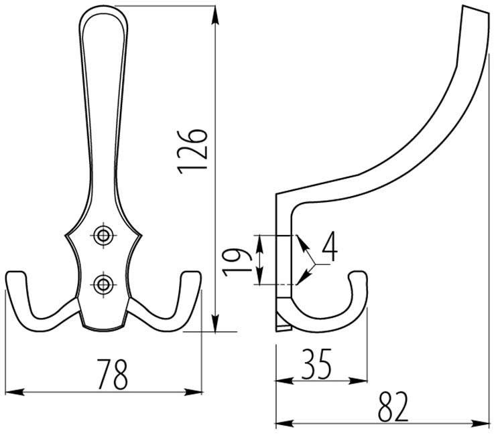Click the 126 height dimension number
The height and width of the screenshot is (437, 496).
coord(192,151)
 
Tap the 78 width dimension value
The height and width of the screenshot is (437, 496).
coord(113,374)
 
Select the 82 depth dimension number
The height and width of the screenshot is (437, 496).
coord(393,407)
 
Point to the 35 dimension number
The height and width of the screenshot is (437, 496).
coord(316,364)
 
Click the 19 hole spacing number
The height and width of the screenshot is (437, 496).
coord(237,262)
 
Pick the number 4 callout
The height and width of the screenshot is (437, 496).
coord(330,246)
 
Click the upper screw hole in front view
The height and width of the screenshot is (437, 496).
coord(103,236)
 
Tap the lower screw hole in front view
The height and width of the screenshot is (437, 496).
coord(103,284)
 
